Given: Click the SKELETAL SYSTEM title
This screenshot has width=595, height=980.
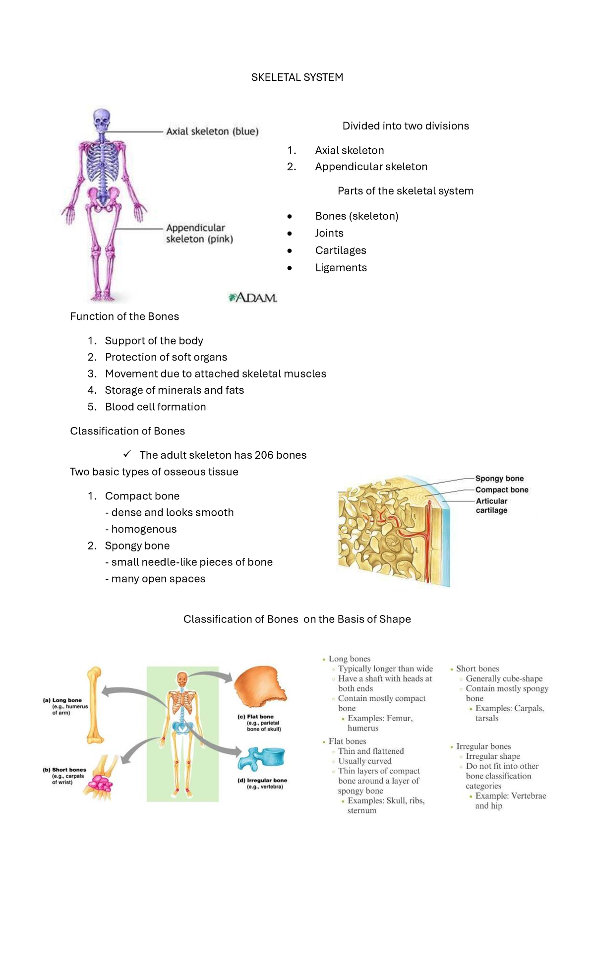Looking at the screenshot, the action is pos(297,77).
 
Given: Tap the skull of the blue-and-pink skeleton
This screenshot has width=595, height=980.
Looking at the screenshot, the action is pos(102,120).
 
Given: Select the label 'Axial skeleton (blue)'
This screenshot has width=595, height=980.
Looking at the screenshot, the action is pos(212,131).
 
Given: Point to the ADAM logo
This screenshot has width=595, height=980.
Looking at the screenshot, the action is pos(252,298).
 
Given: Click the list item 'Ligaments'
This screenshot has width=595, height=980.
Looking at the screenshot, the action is pos(341,268).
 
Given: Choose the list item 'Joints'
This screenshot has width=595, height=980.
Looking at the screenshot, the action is pos(329,233).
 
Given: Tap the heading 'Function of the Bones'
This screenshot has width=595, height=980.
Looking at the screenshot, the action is pos(124,316).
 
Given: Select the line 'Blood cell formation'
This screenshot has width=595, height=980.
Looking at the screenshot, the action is pos(155,407).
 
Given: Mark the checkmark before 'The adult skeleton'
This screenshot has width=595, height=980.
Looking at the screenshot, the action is pos(127,454).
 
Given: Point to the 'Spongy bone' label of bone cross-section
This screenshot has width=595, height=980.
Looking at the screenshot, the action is pos(499,479).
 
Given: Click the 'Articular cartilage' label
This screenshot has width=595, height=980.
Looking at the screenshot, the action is pos(491,505).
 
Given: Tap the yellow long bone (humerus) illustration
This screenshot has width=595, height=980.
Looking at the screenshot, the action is pos(94,704).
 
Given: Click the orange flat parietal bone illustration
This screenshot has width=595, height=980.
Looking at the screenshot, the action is pos(259,687).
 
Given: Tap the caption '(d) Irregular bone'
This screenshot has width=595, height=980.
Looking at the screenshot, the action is pos(262,780).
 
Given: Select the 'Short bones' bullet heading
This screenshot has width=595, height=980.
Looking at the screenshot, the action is pos(477,669).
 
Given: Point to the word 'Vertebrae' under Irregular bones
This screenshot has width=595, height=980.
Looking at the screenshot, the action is pos(528,796).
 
